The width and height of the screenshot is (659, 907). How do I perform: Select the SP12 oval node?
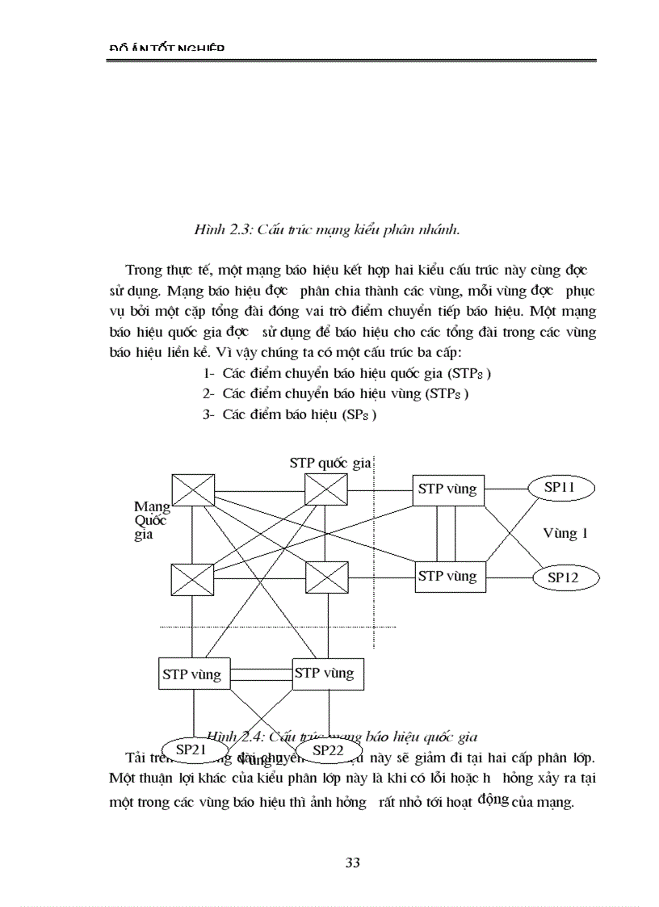[567, 577]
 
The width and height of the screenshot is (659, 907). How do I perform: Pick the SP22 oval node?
[328, 751]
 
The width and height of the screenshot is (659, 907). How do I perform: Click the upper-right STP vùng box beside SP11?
[448, 489]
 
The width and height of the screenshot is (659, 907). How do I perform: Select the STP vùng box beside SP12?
[448, 577]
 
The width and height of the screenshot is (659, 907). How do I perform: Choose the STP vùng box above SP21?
[191, 674]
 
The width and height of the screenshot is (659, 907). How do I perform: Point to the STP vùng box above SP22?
[323, 673]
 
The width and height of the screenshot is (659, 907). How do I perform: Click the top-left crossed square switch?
[194, 490]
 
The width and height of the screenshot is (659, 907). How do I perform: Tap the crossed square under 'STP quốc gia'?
[326, 490]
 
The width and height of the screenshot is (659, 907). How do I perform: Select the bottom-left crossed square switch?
[192, 579]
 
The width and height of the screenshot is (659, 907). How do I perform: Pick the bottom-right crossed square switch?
[326, 579]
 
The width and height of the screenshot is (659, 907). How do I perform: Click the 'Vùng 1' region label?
[565, 533]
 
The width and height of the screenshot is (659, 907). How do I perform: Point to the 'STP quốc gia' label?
[329, 463]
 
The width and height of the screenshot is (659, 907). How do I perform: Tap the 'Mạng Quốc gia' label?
[152, 520]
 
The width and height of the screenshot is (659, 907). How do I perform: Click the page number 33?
[352, 862]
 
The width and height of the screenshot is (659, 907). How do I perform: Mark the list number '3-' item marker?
[208, 414]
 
